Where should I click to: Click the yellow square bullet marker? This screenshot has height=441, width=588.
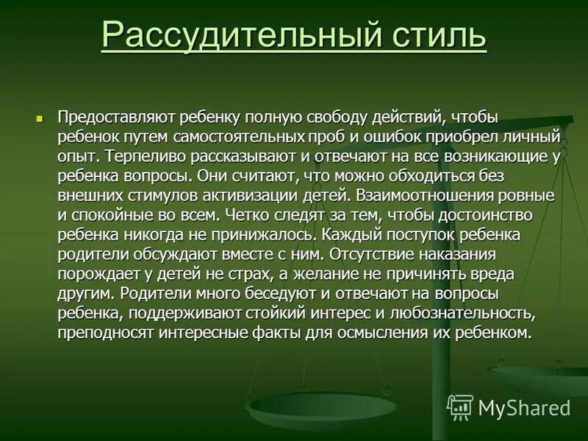pos(41,118)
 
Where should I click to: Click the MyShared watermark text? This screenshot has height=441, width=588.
pos(524,408)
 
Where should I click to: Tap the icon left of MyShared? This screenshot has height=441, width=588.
pos(460,407)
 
